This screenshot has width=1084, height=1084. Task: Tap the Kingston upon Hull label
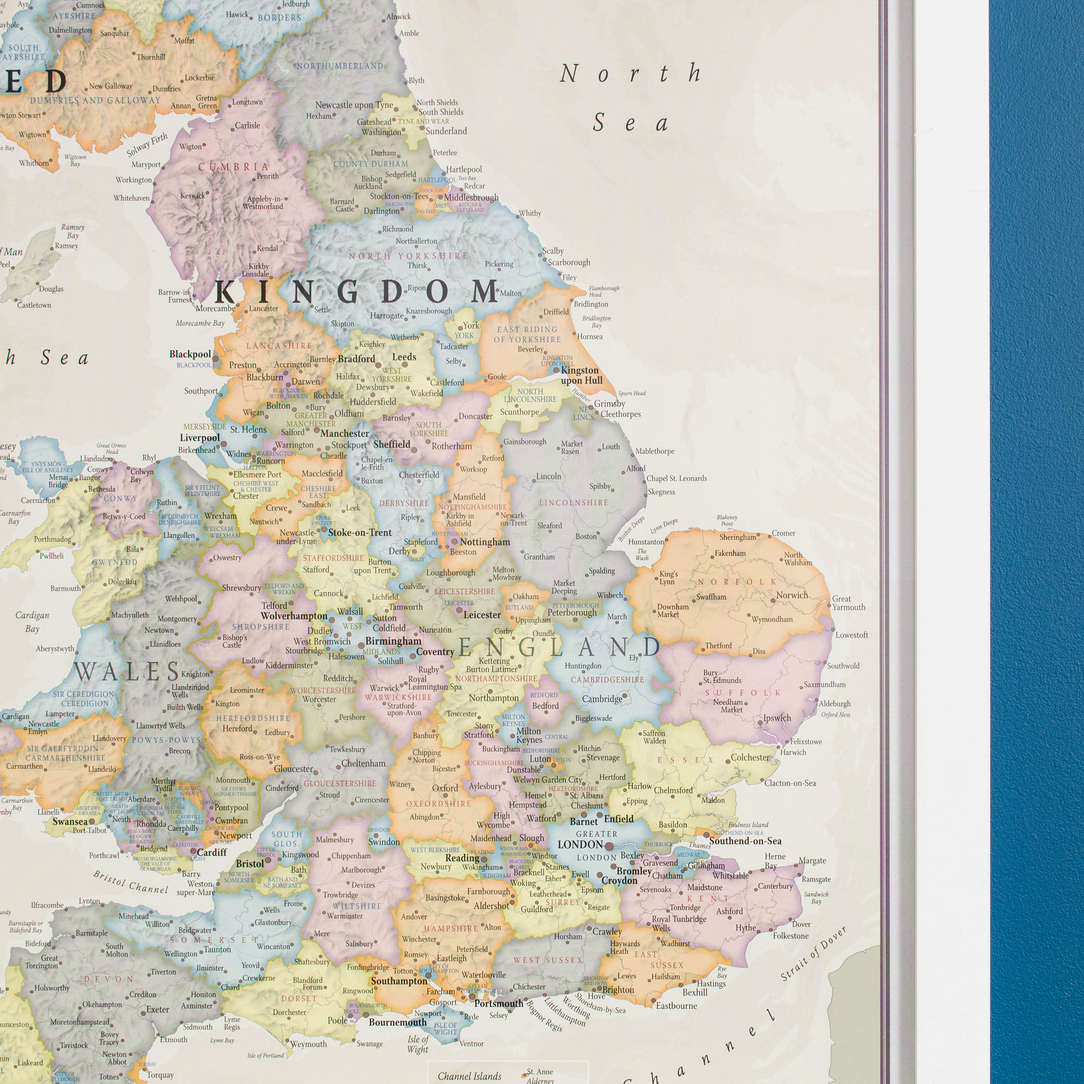coord(581,375)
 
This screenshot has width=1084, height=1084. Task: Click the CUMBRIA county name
coord(233,167)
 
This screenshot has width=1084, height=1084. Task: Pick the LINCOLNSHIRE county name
coord(573,502)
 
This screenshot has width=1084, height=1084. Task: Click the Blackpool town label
coord(190,354)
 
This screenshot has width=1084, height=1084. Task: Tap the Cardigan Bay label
coord(33,621)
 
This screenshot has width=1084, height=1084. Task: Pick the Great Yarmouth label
coord(848,603)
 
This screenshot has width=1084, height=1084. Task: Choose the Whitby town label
coord(530,213)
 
